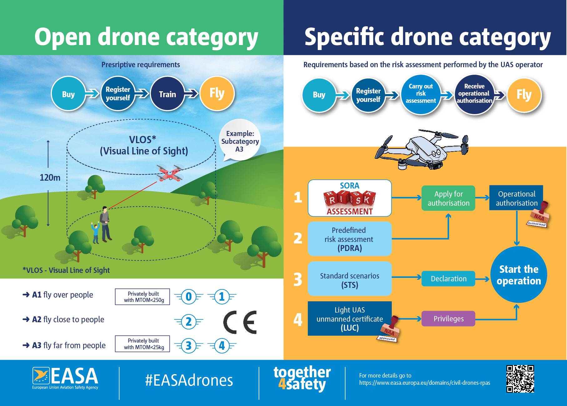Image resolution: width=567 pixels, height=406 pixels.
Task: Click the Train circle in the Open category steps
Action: click(167, 94)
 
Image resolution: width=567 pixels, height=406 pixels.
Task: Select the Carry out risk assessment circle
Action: click(421, 94)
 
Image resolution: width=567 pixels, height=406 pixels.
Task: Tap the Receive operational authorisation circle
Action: click(474, 94)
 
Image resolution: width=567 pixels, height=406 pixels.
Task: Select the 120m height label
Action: click(50, 178)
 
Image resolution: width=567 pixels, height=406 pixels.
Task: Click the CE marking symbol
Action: click(240, 322)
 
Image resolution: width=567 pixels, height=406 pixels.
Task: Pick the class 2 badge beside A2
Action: click(189, 322)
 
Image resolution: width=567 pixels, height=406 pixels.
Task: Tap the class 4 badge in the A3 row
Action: click(222, 346)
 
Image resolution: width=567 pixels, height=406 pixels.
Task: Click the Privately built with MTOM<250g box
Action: click(143, 297)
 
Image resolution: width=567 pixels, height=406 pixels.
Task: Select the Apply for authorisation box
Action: click(448, 198)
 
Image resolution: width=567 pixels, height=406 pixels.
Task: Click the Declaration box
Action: click(448, 278)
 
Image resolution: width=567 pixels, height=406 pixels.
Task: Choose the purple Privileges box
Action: click(448, 318)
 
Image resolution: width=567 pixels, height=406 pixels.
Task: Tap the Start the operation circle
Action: click(519, 275)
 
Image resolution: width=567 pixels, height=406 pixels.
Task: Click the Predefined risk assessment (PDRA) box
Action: click(349, 239)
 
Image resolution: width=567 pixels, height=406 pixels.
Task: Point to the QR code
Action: click(520, 378)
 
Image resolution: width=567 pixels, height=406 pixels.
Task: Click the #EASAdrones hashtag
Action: click(189, 380)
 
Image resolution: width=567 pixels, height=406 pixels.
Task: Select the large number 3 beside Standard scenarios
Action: click(298, 279)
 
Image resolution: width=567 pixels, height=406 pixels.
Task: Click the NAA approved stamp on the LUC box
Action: click(389, 330)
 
